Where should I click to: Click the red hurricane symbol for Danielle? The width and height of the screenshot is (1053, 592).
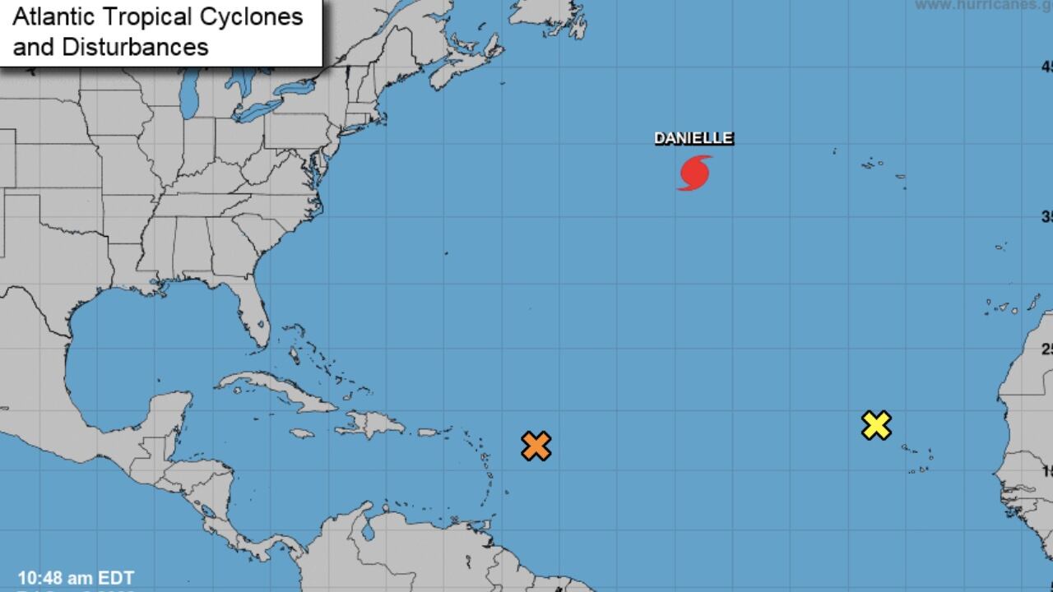tap(694, 173)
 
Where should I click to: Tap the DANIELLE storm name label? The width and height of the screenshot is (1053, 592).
tap(693, 139)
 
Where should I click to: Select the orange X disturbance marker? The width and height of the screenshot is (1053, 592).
tap(536, 446)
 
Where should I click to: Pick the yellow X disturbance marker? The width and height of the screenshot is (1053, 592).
tap(876, 425)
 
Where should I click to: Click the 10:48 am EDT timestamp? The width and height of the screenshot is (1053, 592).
tap(76, 578)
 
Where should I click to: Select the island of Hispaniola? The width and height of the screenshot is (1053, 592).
tap(370, 424)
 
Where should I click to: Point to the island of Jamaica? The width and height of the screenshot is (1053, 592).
tap(302, 433)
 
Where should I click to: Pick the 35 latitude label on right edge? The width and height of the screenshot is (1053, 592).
tap(1046, 217)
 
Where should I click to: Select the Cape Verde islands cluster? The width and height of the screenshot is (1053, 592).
tap(917, 458)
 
